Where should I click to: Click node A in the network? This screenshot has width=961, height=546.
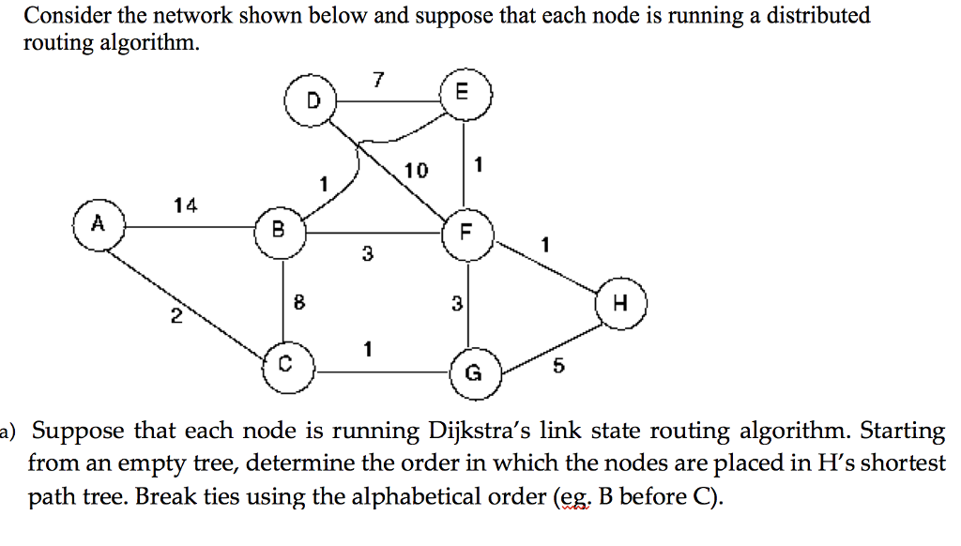[x=97, y=225]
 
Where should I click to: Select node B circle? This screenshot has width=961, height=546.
[x=278, y=227]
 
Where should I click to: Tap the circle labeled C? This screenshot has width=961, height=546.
[x=287, y=365]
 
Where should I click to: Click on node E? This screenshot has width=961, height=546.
[x=461, y=93]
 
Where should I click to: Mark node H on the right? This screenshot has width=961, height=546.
[x=620, y=303]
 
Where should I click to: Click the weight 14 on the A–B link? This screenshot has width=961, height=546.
[x=185, y=205]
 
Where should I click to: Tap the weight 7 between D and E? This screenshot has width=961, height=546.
[x=377, y=79]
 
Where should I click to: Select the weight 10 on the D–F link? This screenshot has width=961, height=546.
[x=416, y=170]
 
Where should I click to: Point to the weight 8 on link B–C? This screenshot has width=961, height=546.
[x=298, y=302]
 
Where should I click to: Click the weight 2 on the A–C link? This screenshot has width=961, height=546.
[x=175, y=317]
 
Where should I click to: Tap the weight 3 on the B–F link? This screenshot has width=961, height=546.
[x=367, y=252]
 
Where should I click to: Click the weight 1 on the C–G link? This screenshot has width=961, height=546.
[x=368, y=349]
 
